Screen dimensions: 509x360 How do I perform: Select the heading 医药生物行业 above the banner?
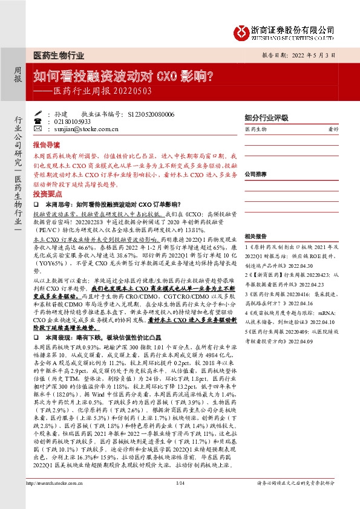pos(58,54)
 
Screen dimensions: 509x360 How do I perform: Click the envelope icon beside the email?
pos(38,129)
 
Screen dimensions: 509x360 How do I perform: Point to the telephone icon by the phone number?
pos(38,122)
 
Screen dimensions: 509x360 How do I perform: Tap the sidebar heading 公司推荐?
pos(256,173)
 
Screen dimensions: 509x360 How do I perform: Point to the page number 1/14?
pos(179,499)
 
